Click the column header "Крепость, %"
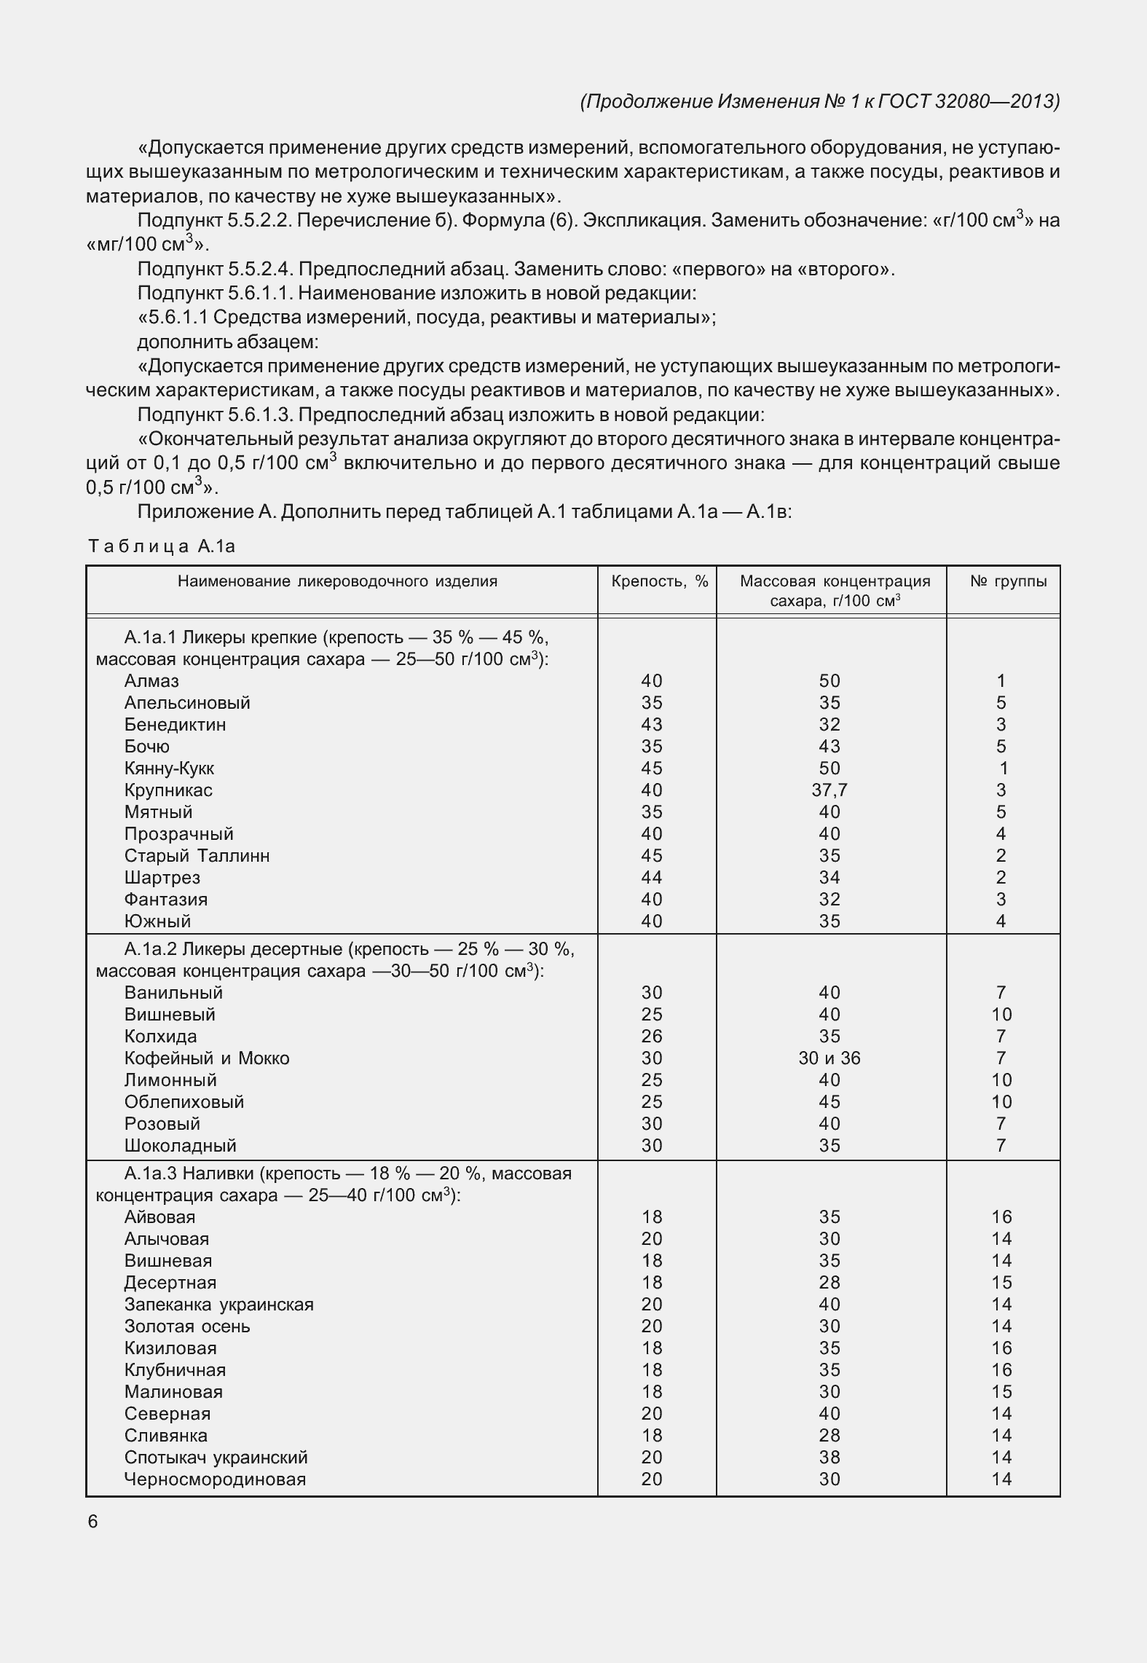point(659,581)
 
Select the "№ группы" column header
point(1009,581)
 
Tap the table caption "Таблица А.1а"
point(162,546)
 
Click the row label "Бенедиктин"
point(175,725)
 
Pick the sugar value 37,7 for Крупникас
point(829,790)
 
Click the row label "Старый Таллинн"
point(197,856)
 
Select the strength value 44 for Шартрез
point(651,878)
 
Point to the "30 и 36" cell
point(829,1058)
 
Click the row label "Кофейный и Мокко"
point(207,1058)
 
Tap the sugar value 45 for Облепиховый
point(829,1102)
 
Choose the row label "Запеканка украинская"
point(218,1305)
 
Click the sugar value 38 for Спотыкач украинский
point(829,1458)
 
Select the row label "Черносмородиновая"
point(215,1479)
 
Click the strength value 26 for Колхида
point(651,1037)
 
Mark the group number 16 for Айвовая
point(1001,1217)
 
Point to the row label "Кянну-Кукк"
point(169,768)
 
